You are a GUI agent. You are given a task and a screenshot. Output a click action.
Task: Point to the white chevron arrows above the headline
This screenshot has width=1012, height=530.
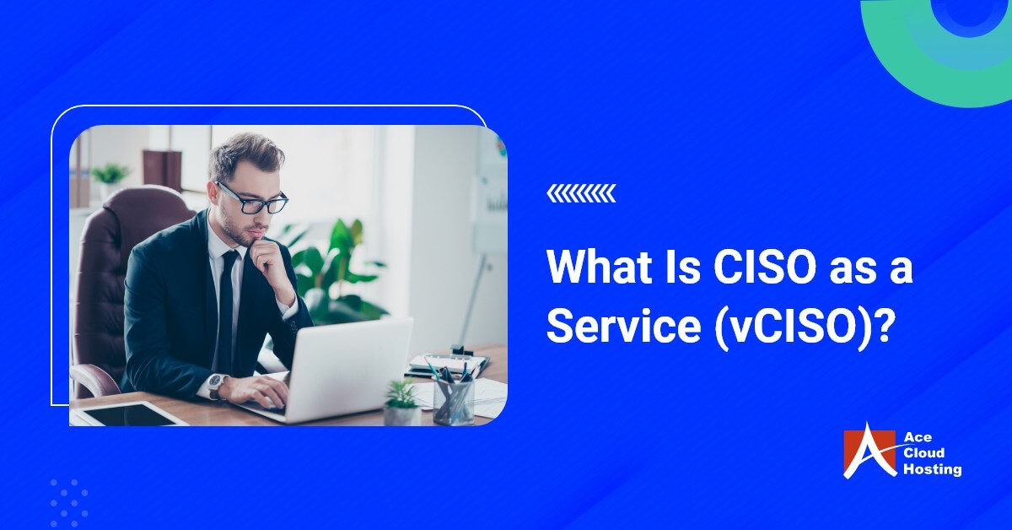(581, 195)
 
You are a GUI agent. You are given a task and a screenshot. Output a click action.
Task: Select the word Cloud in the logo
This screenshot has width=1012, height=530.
(926, 453)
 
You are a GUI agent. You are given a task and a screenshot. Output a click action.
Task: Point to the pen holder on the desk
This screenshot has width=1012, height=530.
(454, 397)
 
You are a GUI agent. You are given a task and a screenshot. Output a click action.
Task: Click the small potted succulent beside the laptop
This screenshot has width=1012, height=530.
(401, 403)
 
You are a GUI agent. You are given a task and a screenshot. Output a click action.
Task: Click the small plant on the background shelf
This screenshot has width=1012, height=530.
(110, 176)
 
